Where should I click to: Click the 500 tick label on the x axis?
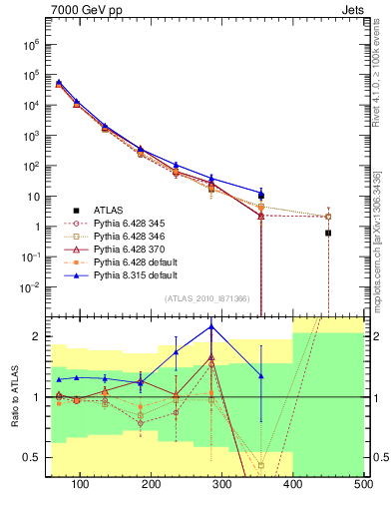click(362, 485)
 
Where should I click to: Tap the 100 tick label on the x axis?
click(81, 485)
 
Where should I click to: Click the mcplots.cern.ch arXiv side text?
click(377, 240)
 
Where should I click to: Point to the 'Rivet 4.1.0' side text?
click(377, 70)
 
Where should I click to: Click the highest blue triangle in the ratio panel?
click(211, 326)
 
